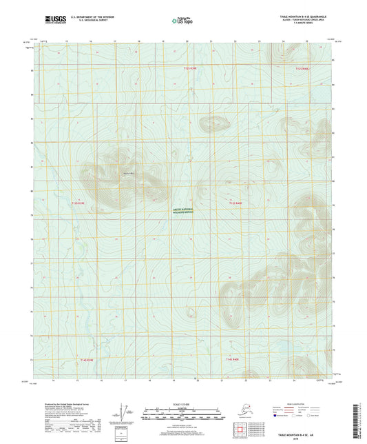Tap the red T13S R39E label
pos(81,203)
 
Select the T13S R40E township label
pos(236,203)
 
